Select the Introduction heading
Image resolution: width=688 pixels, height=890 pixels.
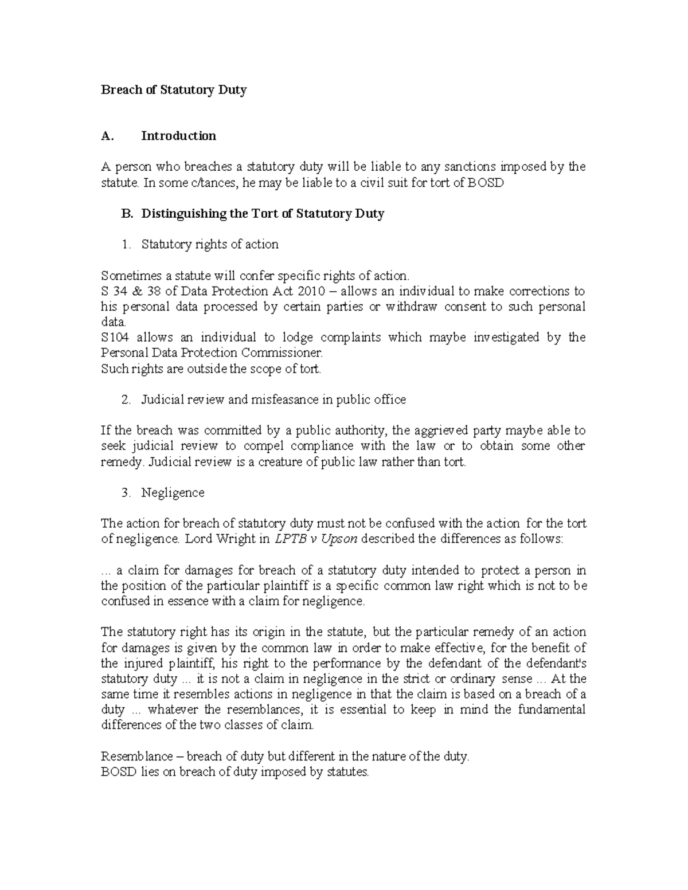tap(178, 136)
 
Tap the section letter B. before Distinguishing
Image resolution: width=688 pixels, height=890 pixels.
tap(127, 214)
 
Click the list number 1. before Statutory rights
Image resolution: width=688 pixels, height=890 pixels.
tap(126, 245)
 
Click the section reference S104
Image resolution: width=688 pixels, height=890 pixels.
tap(115, 338)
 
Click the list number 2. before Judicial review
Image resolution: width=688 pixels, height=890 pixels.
tap(126, 399)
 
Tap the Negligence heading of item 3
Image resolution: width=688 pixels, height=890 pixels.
tap(173, 493)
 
